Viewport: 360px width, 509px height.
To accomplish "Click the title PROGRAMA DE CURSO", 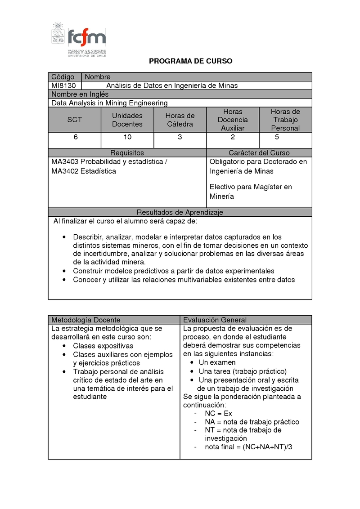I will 191,61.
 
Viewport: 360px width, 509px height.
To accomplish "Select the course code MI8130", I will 63,85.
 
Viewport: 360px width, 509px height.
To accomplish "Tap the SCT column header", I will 75,120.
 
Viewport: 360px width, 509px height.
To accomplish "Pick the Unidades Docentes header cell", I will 127,120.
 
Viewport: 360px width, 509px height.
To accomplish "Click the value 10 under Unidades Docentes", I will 127,137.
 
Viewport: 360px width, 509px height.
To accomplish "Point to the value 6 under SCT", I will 76,137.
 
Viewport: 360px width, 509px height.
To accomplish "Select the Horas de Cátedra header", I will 180,120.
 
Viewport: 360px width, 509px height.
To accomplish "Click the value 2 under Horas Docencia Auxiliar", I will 233,137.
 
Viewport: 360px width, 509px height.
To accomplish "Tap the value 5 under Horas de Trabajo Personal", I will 277,137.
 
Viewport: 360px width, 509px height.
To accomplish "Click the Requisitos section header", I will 127,153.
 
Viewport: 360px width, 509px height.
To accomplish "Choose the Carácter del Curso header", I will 259,153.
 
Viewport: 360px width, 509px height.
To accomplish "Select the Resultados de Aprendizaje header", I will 180,212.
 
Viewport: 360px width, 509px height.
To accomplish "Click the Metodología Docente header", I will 86,320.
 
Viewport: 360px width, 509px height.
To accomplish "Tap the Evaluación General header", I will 215,320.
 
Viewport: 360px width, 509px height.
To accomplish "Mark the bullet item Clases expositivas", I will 103,346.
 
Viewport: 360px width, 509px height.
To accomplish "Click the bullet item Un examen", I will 217,363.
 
